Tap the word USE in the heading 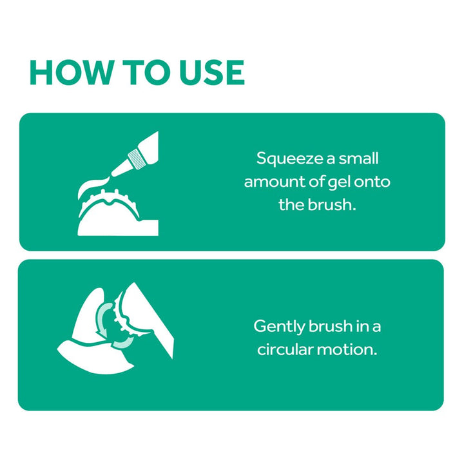click(x=212, y=72)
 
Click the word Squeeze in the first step click(x=289, y=159)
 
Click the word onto click(x=372, y=182)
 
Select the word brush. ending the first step click(x=331, y=204)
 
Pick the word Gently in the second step click(x=279, y=327)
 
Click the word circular click(x=285, y=349)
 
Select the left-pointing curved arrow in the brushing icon click(x=123, y=343)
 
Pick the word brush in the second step click(x=330, y=326)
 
